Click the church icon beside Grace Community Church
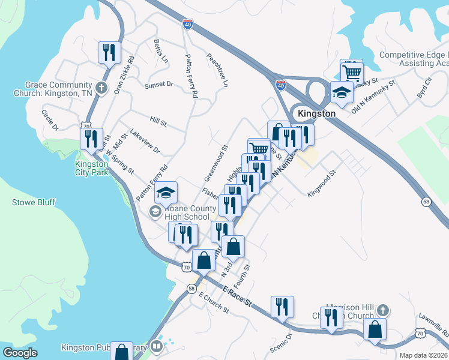pyautogui.click(x=101, y=88)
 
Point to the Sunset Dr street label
pyautogui.click(x=158, y=85)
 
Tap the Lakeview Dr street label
pyautogui.click(x=145, y=145)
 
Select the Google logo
pyautogui.click(x=20, y=353)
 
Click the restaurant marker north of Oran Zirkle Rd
pyautogui.click(x=109, y=52)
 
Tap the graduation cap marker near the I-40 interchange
pyautogui.click(x=342, y=92)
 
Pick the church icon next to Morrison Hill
pyautogui.click(x=383, y=310)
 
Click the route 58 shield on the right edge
pyautogui.click(x=425, y=202)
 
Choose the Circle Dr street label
pyautogui.click(x=50, y=119)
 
